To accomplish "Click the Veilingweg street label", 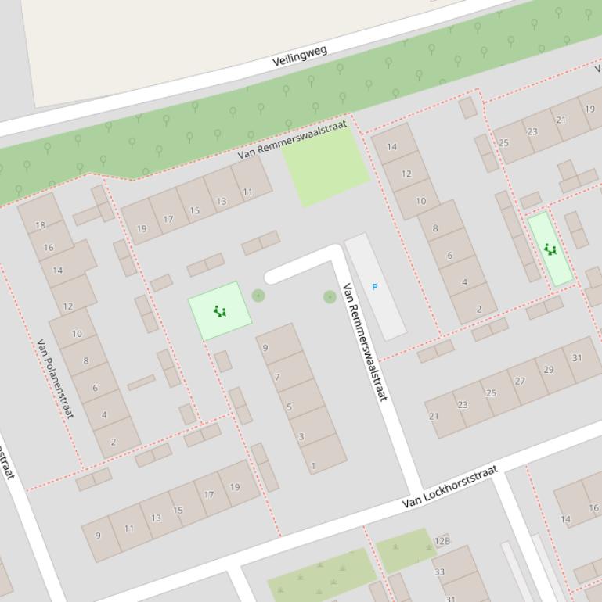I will point(299,55).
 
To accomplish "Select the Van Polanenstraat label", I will point(55,378).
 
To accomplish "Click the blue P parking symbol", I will point(374,288).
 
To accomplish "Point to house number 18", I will point(40,225).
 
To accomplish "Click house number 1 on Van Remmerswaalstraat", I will point(314,466).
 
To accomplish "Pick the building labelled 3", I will point(301,436).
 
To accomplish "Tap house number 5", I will point(289,407).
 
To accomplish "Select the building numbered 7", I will point(277,377).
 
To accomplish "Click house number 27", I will point(520,381).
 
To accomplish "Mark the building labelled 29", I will point(548,370).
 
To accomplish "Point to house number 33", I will point(439,572).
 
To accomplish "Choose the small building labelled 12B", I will point(442,541).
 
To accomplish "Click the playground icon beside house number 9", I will point(220,312).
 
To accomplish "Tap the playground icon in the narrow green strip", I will point(550,249).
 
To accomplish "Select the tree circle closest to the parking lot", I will point(330,296).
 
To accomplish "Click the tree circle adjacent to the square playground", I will point(258,295).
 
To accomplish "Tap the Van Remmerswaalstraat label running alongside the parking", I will point(365,342).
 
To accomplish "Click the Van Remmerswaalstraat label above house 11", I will point(292,140).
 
